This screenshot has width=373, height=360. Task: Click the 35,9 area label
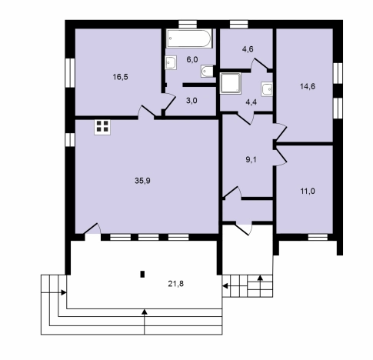[142, 181]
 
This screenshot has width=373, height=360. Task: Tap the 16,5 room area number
[121, 77]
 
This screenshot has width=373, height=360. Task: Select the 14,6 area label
[308, 87]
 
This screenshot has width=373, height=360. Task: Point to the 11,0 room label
[308, 192]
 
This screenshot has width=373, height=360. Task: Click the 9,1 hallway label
[251, 160]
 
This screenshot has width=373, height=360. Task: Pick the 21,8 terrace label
[176, 284]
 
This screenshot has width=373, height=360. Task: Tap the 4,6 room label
[248, 49]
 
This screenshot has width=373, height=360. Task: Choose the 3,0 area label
[191, 101]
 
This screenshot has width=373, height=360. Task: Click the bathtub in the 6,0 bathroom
[189, 38]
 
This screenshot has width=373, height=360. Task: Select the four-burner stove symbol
[102, 127]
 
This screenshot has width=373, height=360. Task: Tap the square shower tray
[231, 83]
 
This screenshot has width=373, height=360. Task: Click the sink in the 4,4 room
[267, 89]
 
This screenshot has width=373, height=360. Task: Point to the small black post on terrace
[142, 275]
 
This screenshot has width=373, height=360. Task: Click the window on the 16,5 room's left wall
[70, 73]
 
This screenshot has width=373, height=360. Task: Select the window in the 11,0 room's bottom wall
[318, 237]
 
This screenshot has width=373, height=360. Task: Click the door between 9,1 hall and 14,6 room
[280, 132]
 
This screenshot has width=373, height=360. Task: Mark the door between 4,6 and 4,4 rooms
[259, 65]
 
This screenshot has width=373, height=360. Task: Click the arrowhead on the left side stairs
[64, 292]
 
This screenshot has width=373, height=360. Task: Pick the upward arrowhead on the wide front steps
[145, 312]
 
